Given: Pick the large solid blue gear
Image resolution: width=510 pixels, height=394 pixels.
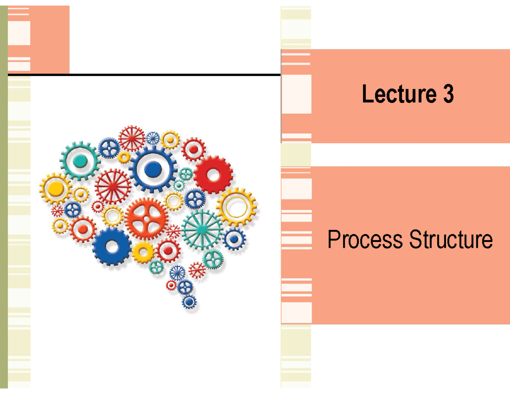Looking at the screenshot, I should coord(112,246).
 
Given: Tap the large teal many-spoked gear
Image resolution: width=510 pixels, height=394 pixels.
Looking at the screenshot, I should coord(202,228).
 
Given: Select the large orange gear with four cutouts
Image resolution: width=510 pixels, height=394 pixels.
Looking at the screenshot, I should coord(147,219).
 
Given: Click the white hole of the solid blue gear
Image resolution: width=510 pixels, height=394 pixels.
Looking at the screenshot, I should coord(112,246).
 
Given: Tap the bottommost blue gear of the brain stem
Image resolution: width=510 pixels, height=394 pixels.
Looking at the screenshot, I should coord(189,302).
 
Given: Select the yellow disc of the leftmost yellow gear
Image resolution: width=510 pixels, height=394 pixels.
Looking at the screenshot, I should coord(56,188).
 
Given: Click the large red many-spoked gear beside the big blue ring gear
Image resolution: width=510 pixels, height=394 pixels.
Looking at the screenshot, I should coord(113,186).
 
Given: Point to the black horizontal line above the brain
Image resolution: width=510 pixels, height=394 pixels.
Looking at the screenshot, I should coord(144,75).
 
